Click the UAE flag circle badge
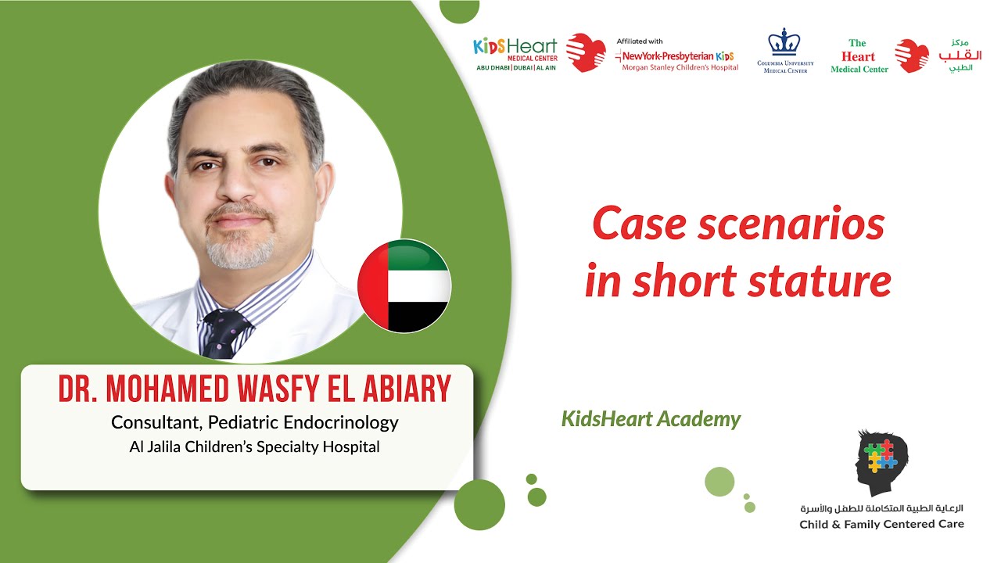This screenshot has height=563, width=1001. coord(404,285)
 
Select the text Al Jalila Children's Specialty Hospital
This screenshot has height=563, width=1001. coord(254,447)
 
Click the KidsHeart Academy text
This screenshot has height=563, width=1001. coord(651,419)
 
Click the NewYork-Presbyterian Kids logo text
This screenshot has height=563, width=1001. coord(678,56)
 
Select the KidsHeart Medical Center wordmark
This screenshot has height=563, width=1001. coord(515,49)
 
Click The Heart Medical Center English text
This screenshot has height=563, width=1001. coord(859,56)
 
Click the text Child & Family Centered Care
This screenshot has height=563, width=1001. coord(881,524)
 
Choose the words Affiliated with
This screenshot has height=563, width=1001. coord(639,41)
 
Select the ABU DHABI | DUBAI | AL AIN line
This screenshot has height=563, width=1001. coord(515,68)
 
